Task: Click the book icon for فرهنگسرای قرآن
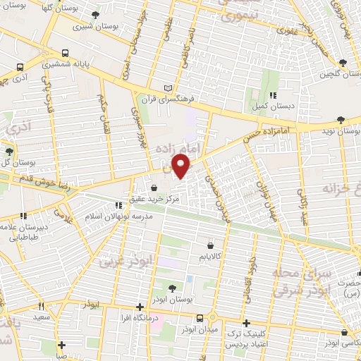[x=167, y=88]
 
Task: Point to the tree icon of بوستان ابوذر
[x=173, y=288]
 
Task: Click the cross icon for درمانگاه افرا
[x=140, y=307]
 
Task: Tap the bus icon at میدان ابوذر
[x=200, y=319]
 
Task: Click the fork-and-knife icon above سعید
[x=41, y=307]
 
